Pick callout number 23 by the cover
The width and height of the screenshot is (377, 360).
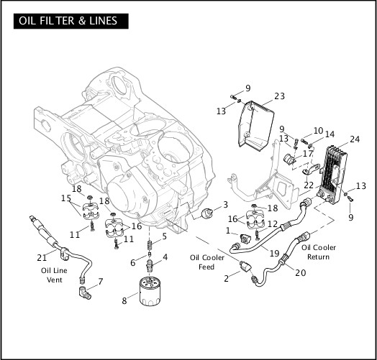coord(279,96)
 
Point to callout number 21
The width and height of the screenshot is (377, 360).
coord(41,257)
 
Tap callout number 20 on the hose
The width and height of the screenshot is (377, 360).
coord(300,272)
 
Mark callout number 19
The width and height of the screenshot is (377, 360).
coord(273,253)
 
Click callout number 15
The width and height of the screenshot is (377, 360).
coord(66,198)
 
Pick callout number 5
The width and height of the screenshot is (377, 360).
coord(164,236)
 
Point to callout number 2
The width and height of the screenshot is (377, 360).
coord(227,278)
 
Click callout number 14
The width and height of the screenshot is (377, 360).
coord(330,134)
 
